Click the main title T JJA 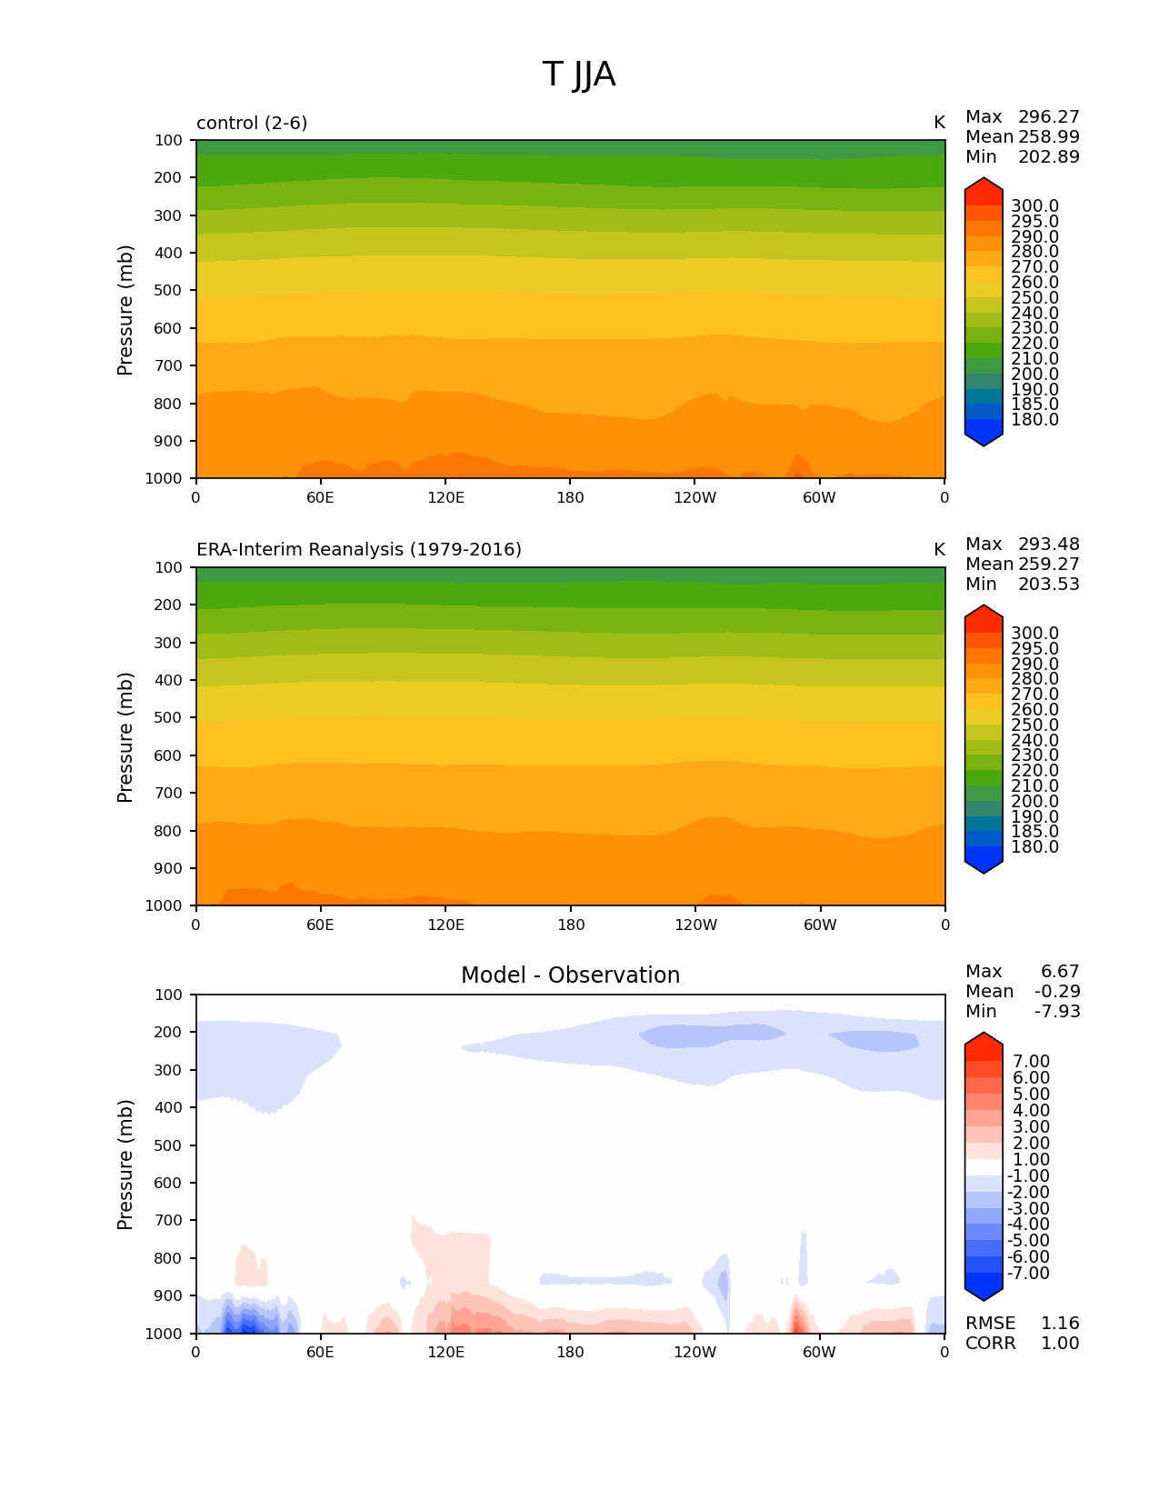[x=579, y=75]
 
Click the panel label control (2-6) [x=252, y=123]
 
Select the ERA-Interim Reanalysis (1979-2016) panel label [x=359, y=550]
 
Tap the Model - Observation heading [x=570, y=975]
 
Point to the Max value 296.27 [x=1049, y=117]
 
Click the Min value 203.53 [x=1049, y=585]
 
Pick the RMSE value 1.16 [x=1060, y=1324]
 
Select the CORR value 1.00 [x=1060, y=1344]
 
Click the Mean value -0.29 [x=1057, y=992]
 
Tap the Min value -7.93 [x=1057, y=1012]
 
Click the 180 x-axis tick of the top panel [x=570, y=498]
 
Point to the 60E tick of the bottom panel [x=320, y=1353]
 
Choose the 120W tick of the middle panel [x=695, y=925]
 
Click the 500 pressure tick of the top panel [x=168, y=291]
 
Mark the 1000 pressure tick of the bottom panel [x=165, y=1334]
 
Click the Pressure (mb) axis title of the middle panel [x=125, y=737]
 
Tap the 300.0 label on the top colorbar [x=1034, y=206]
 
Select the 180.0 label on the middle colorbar [x=1034, y=847]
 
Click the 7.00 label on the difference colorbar [x=1031, y=1062]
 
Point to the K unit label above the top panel [x=939, y=123]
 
